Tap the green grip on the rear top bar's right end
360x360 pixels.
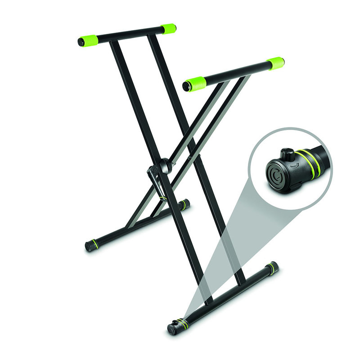point(169,29)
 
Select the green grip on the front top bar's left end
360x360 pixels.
point(195,84)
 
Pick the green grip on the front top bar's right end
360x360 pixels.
point(275,63)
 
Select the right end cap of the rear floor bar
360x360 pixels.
point(185,204)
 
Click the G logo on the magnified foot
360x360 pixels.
point(275,173)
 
